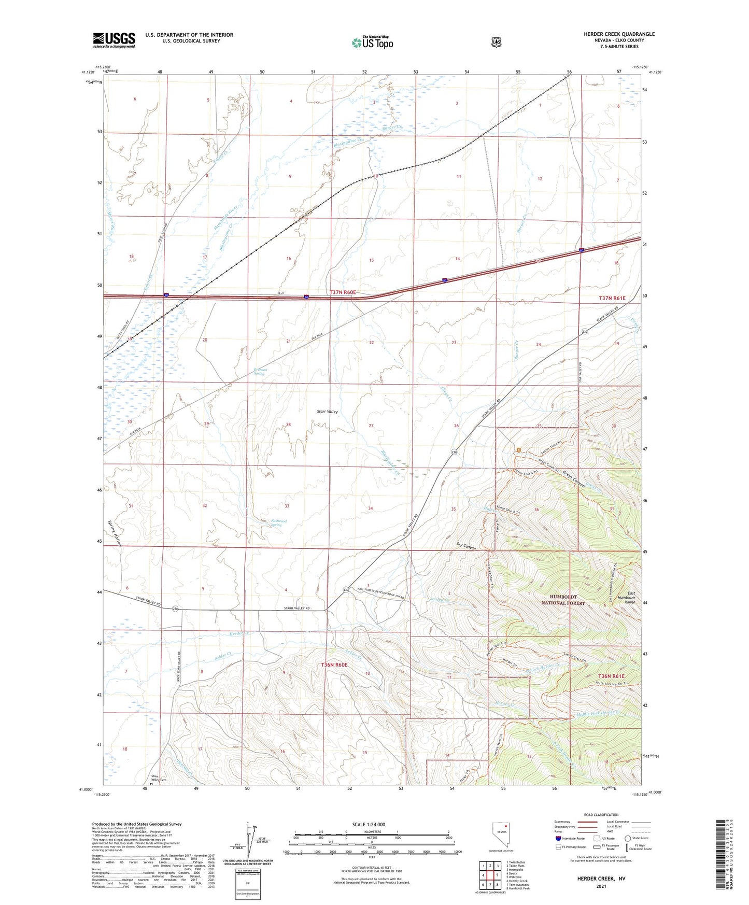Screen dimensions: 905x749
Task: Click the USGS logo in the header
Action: [114, 40]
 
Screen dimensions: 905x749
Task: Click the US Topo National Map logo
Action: [372, 42]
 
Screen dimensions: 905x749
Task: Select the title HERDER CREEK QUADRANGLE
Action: [619, 34]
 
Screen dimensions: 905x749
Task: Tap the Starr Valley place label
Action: [327, 412]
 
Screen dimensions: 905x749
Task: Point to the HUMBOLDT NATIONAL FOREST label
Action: [563, 600]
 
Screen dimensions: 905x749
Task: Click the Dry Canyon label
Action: [466, 546]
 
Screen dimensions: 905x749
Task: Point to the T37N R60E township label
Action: [342, 292]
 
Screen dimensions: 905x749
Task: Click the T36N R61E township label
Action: [612, 676]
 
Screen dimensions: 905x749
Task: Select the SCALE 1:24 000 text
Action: [369, 825]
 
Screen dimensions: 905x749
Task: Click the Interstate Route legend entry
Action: [570, 838]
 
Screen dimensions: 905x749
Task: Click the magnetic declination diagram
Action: [253, 838]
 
